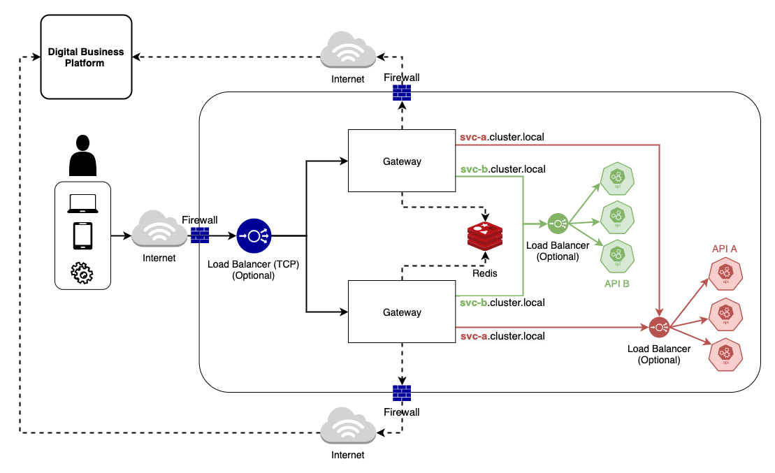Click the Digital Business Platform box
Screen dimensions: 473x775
(86, 57)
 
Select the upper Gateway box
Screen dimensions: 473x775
(402, 161)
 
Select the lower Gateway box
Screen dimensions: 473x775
(402, 312)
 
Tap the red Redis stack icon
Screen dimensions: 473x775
(485, 237)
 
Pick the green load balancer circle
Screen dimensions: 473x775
(557, 224)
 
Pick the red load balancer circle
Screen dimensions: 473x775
(659, 327)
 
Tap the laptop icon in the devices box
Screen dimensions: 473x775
(82, 203)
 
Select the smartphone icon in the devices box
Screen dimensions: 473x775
(82, 236)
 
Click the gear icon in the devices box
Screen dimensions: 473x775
(82, 273)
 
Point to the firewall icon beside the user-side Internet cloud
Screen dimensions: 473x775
(200, 235)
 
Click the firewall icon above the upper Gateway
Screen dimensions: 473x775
(402, 93)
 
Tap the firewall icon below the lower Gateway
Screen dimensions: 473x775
(402, 393)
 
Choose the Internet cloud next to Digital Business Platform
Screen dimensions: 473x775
(347, 51)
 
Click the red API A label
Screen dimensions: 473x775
(725, 248)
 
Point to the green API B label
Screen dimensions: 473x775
(617, 284)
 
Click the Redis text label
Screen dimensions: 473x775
(484, 273)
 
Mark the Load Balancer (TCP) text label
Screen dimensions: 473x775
(251, 265)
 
